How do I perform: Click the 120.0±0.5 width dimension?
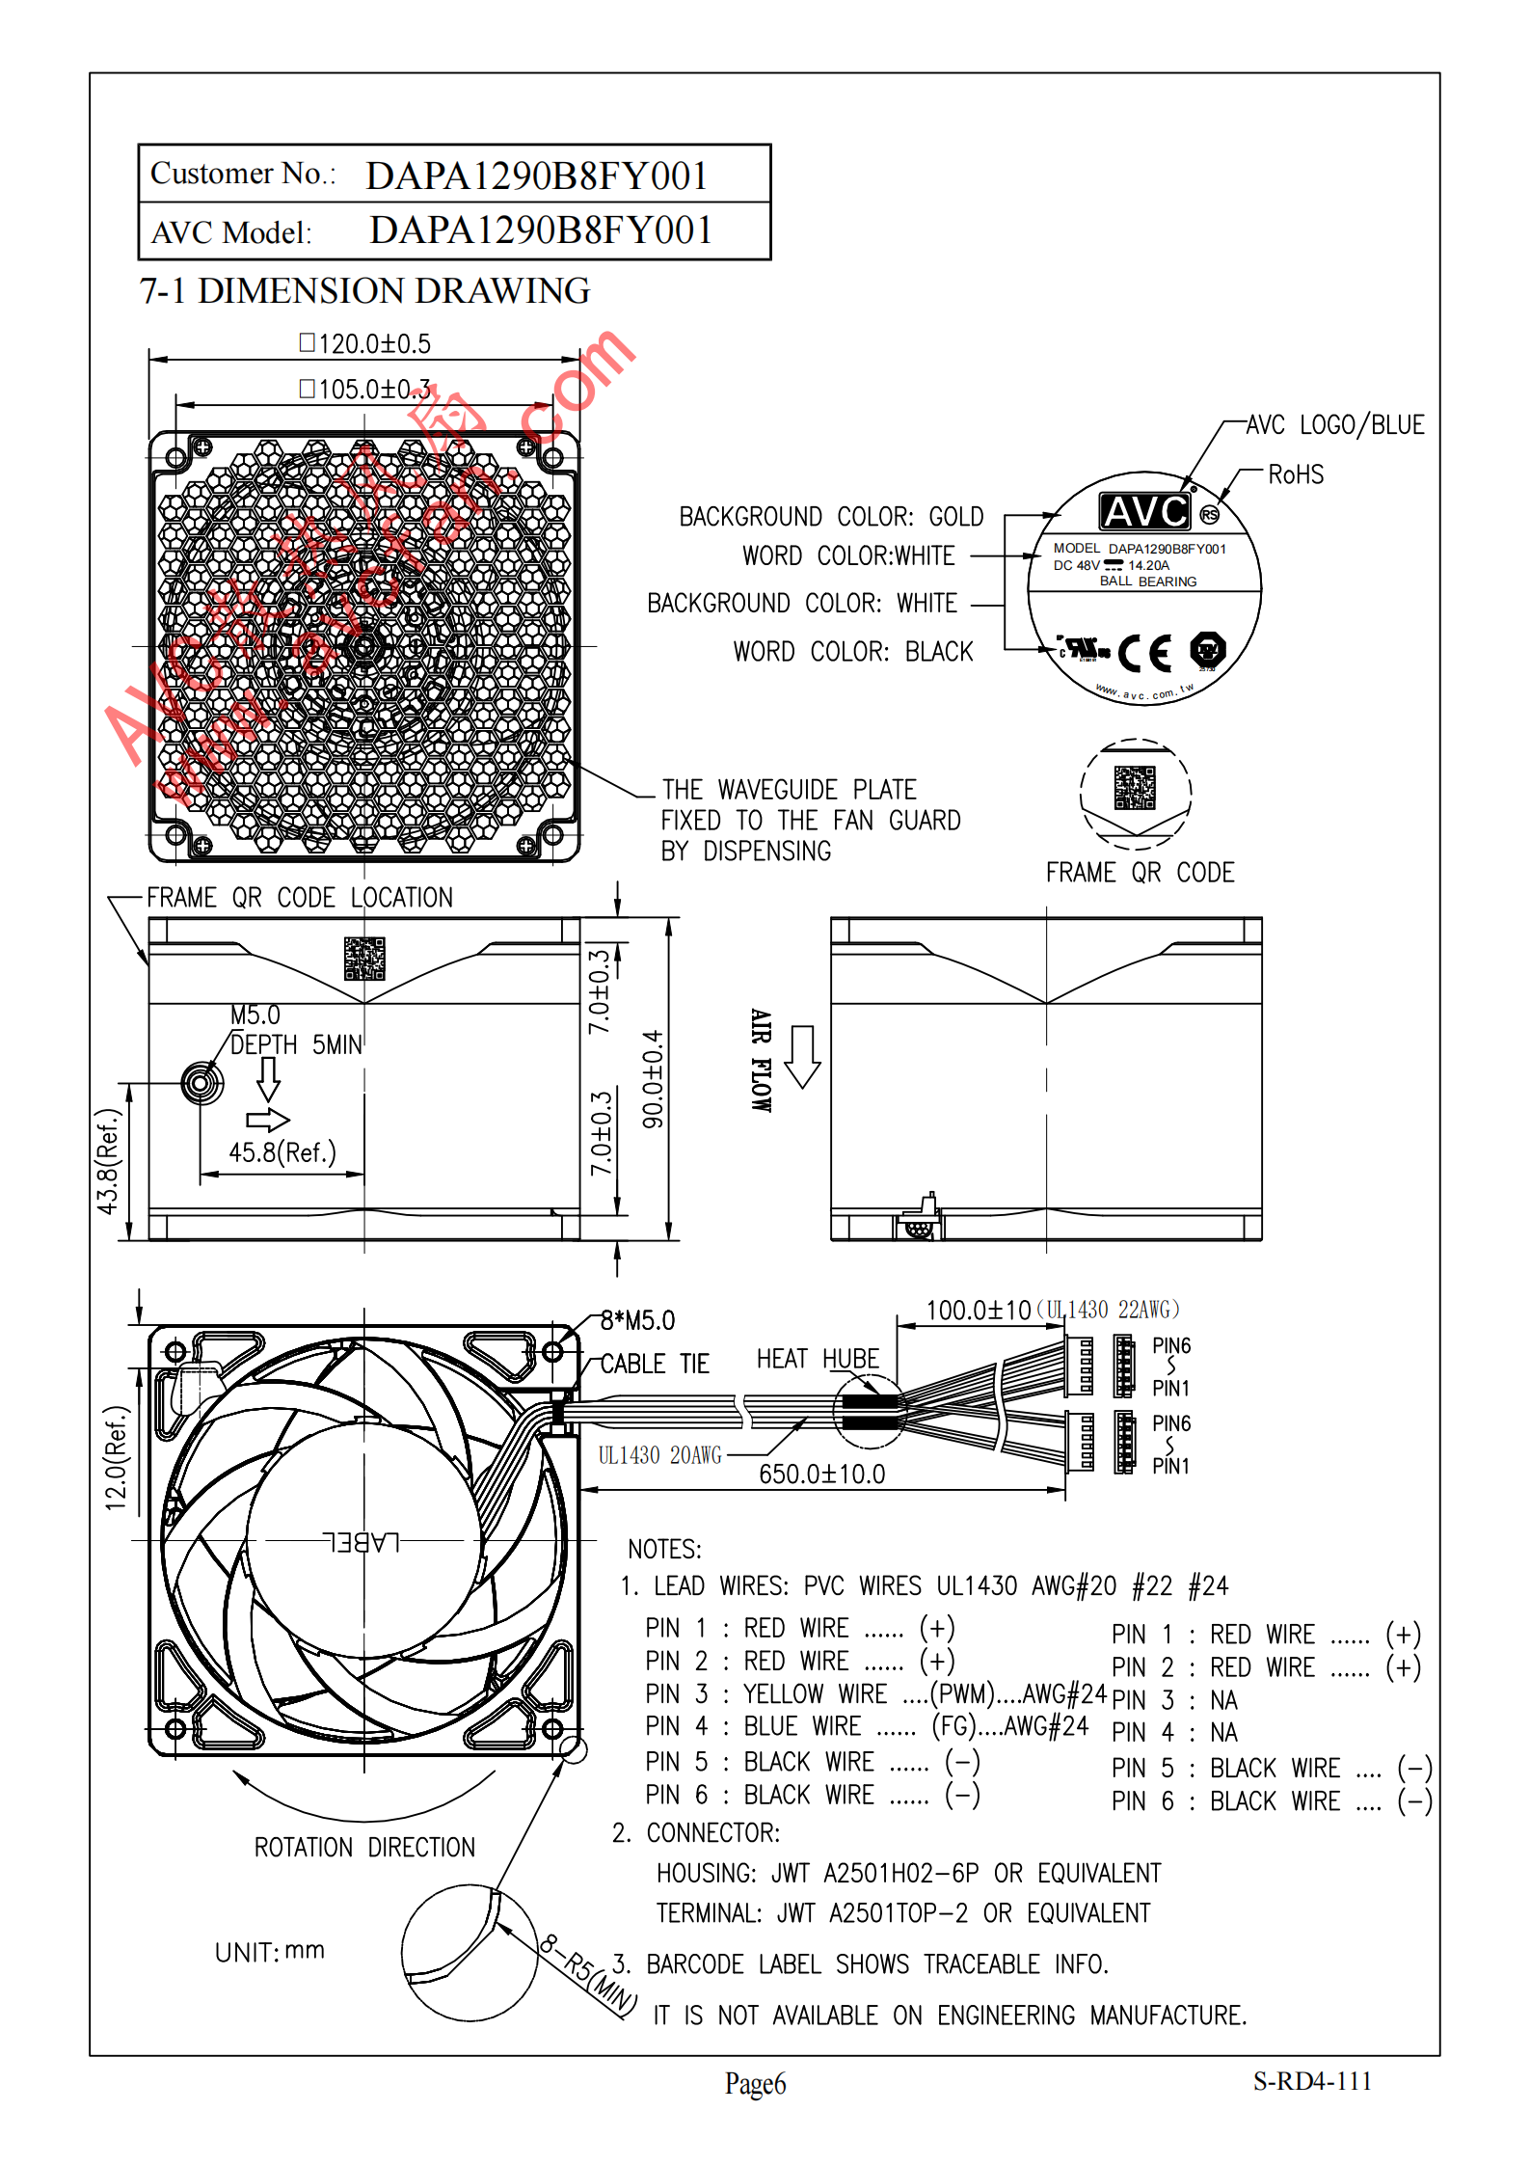366,344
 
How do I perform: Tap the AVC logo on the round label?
1145,511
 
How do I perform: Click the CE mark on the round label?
1145,653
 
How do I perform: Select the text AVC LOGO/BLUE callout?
1334,425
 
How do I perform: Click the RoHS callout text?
1296,474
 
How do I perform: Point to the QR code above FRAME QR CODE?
1135,788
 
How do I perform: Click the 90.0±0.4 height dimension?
654,1079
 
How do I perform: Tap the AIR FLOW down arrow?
802,1057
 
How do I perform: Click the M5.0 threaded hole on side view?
201,1083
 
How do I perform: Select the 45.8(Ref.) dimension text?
282,1152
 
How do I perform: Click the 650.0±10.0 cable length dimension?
821,1474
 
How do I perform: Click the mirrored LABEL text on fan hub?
362,1542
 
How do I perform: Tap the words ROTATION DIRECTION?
364,1847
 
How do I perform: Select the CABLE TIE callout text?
655,1364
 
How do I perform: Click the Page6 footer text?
755,2084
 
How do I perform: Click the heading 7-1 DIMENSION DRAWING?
364,291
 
